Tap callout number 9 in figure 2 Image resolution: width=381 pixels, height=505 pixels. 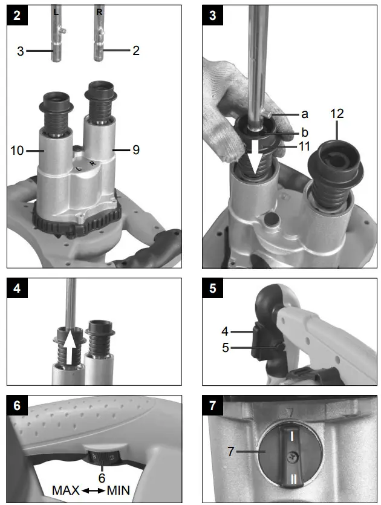click(136, 150)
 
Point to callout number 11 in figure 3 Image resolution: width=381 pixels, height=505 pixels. click(306, 146)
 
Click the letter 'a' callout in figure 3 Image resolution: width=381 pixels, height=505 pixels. click(304, 113)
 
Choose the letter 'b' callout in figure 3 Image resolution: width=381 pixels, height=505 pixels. click(304, 132)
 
